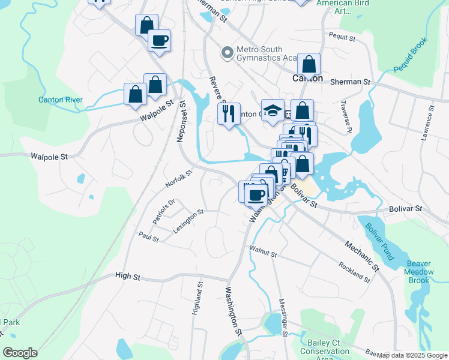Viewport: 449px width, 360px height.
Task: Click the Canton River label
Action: (x=60, y=100)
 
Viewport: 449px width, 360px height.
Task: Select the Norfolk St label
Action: (x=178, y=179)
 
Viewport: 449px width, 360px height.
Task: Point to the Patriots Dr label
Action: (x=163, y=211)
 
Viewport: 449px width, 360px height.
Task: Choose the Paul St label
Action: (x=148, y=238)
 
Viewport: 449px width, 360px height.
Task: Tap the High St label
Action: (x=127, y=277)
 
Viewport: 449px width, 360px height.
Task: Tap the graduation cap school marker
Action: (x=273, y=110)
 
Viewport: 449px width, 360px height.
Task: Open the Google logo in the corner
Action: (x=20, y=353)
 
